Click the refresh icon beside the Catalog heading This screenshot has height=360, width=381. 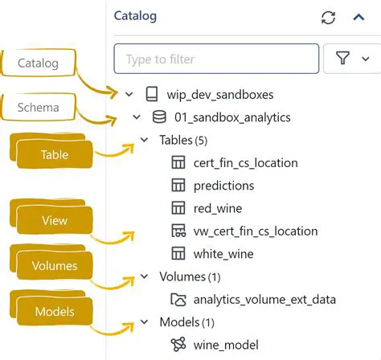(x=327, y=17)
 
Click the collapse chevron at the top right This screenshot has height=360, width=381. (x=359, y=17)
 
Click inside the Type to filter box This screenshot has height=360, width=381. (x=216, y=59)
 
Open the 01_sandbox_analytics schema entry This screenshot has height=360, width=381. (x=232, y=117)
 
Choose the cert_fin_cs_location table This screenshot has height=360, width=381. (x=245, y=162)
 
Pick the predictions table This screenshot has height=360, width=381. (x=223, y=186)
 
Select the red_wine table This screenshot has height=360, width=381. (x=219, y=208)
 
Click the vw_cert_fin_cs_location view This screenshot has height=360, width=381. (x=255, y=231)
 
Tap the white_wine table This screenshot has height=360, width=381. (x=223, y=254)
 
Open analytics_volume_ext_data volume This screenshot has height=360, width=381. (x=264, y=300)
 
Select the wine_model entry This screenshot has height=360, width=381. (x=227, y=345)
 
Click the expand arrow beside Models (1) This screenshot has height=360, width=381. (x=144, y=322)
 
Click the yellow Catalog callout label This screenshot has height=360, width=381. (x=38, y=61)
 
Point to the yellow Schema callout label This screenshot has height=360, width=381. (x=38, y=106)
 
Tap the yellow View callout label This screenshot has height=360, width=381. (x=53, y=220)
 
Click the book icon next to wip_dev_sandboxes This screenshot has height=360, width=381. (x=151, y=95)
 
